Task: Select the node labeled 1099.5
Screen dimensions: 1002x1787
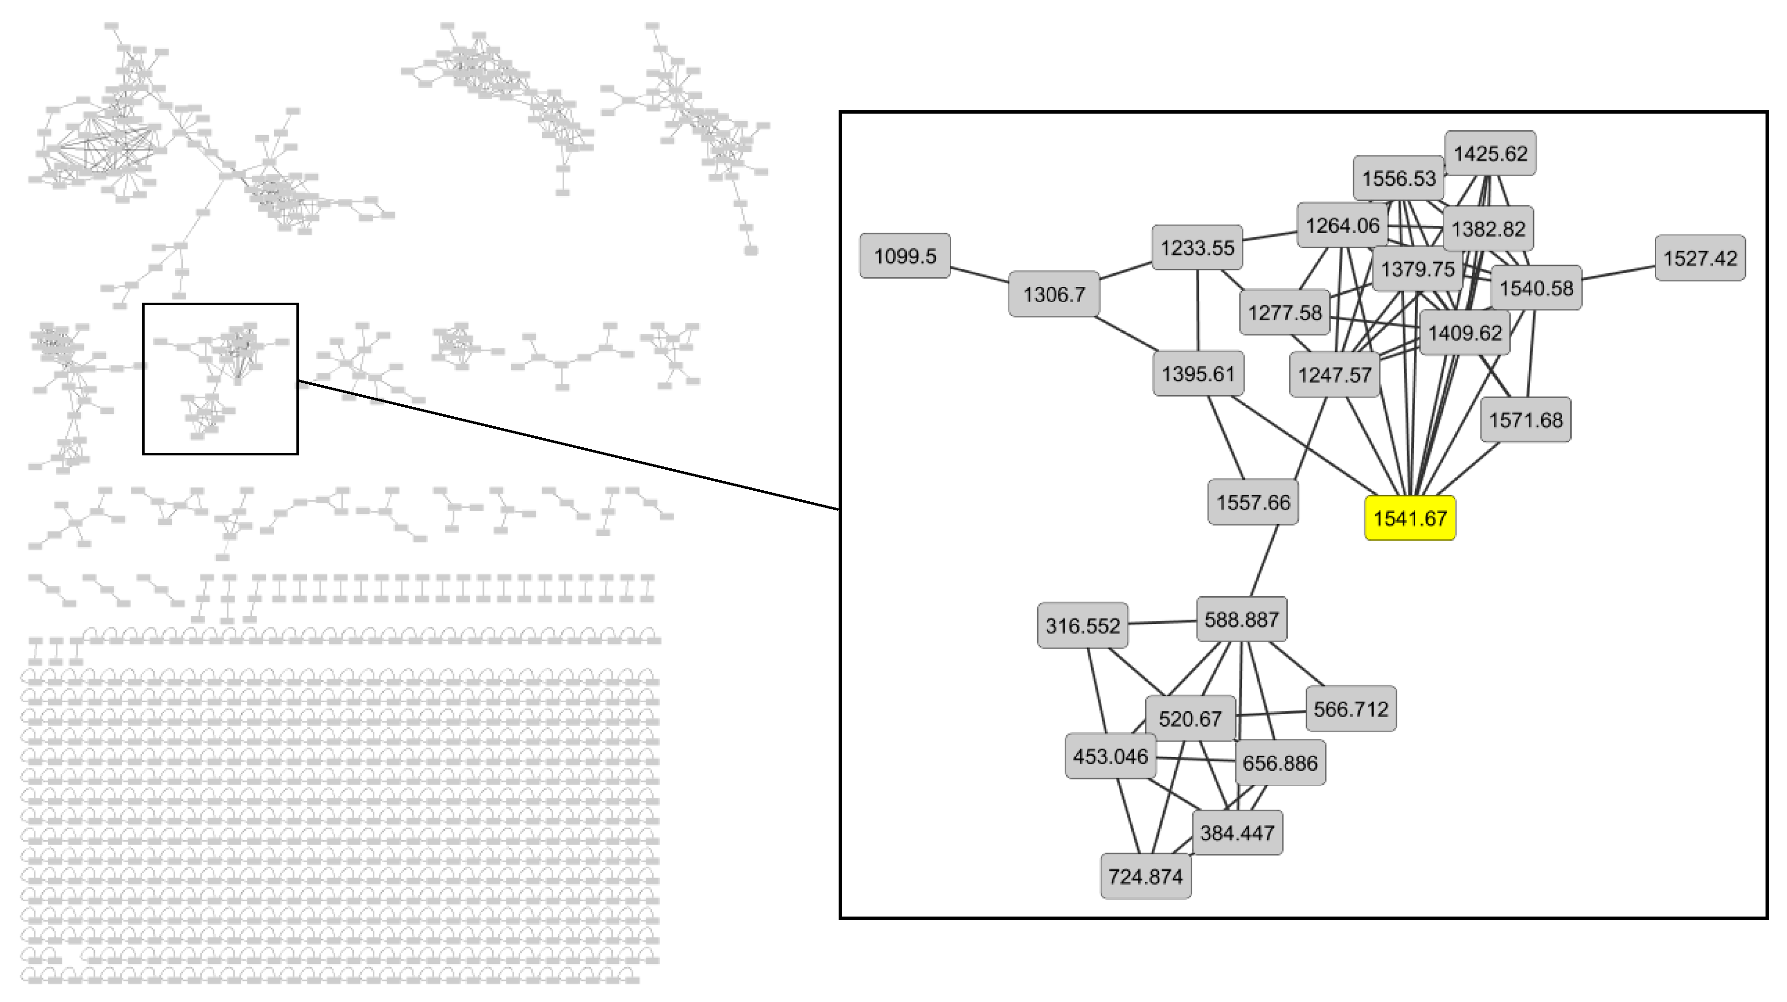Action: tap(904, 256)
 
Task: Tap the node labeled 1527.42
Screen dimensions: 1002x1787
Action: tap(1700, 258)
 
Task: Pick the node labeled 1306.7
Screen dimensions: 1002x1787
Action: tap(1054, 294)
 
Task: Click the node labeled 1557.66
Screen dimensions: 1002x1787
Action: tap(1253, 502)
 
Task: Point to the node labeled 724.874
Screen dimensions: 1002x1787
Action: tap(1146, 876)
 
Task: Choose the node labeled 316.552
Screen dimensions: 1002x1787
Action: tap(1082, 625)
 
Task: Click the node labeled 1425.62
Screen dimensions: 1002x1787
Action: tap(1490, 153)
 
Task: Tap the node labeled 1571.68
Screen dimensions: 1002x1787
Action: tap(1525, 419)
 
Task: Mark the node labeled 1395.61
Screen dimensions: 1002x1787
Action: tap(1198, 373)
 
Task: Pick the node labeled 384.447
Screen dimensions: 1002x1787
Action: tap(1237, 832)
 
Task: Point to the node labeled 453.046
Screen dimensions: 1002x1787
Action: tap(1110, 756)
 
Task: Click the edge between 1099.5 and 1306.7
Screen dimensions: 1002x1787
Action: tap(979, 275)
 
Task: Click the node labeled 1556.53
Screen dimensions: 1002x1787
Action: tap(1398, 179)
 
